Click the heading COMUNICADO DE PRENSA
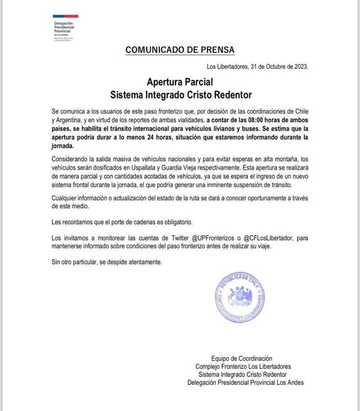point(180,49)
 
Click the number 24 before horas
point(151,138)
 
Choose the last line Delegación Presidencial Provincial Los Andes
point(245,383)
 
